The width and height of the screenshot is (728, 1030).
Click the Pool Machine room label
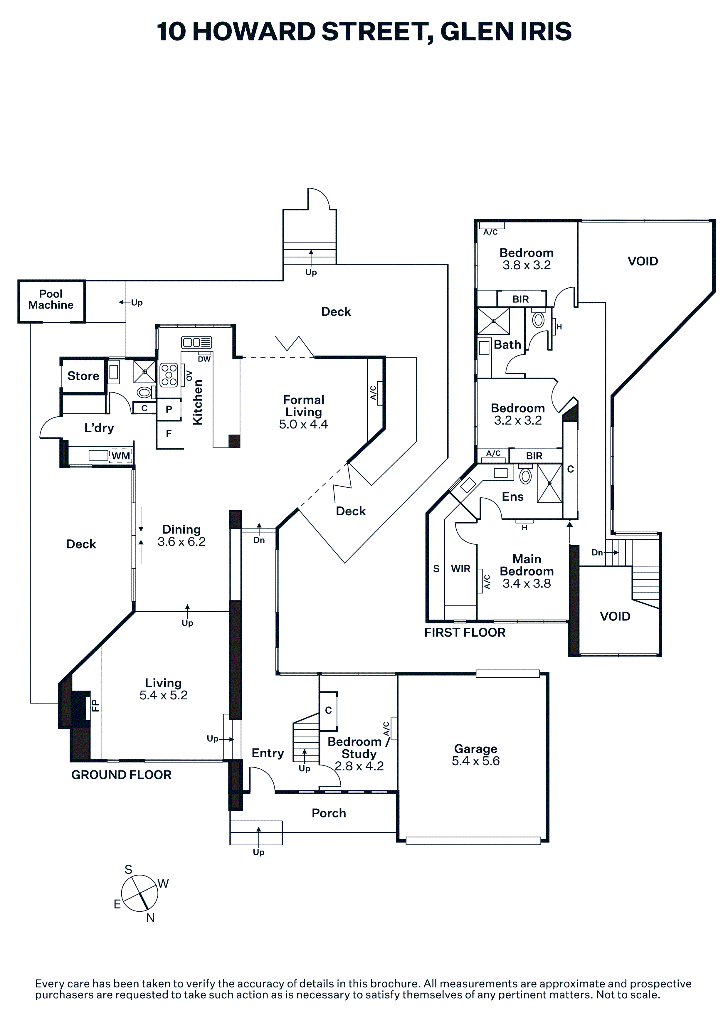(51, 299)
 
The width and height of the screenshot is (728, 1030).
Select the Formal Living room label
(304, 406)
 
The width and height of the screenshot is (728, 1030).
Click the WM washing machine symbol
(121, 456)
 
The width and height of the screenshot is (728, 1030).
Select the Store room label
(83, 376)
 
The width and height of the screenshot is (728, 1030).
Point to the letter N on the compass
(150, 918)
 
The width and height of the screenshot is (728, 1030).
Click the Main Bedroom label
(527, 565)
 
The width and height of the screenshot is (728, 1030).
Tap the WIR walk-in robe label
(461, 569)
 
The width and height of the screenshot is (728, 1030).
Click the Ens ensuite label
(513, 497)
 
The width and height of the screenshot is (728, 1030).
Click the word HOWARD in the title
(254, 31)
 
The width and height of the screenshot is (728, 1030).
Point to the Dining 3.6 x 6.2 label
(182, 536)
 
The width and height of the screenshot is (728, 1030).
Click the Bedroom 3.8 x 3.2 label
(527, 259)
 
